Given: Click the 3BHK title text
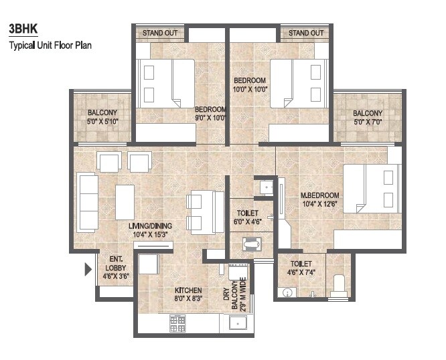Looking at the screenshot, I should tap(23, 30).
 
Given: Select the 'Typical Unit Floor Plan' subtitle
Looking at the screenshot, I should tap(50, 46).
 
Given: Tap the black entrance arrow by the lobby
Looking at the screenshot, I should tap(87, 270).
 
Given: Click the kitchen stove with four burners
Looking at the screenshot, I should tap(177, 323).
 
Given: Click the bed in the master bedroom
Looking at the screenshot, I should tap(371, 191).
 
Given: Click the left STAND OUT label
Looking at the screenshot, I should tap(159, 33).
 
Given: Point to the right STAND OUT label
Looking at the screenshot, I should tap(305, 33).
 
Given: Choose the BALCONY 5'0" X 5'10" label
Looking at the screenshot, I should tap(102, 117).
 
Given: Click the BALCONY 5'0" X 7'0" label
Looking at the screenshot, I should tap(368, 118).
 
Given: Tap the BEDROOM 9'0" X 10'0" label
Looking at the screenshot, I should tap(210, 114).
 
